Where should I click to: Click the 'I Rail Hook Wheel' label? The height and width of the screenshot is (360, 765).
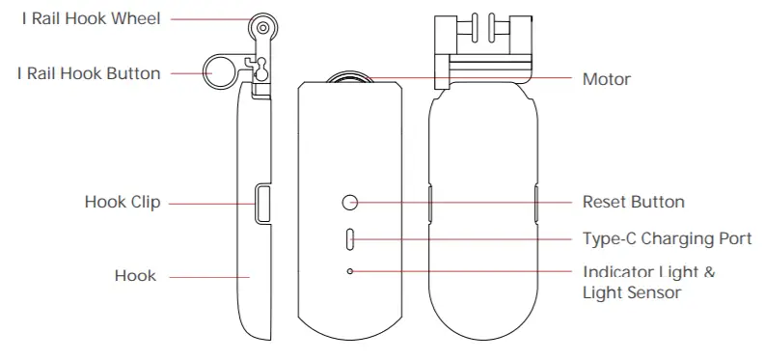pyautogui.click(x=92, y=18)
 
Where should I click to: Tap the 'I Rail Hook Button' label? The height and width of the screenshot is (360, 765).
pyautogui.click(x=89, y=73)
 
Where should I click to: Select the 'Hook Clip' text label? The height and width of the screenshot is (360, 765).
pyautogui.click(x=123, y=203)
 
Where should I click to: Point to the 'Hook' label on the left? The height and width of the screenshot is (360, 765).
pyautogui.click(x=135, y=276)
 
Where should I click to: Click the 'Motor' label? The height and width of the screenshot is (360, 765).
pyautogui.click(x=606, y=79)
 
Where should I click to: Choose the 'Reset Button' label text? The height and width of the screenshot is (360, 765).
pyautogui.click(x=633, y=203)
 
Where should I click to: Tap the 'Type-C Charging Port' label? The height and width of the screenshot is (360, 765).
pyautogui.click(x=667, y=238)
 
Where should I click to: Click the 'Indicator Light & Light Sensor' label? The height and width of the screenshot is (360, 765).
pyautogui.click(x=648, y=282)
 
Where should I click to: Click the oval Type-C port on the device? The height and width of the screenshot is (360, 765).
pyautogui.click(x=350, y=238)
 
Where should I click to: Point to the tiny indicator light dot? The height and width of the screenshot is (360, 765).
pyautogui.click(x=350, y=272)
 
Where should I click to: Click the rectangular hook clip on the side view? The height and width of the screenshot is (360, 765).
pyautogui.click(x=262, y=204)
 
